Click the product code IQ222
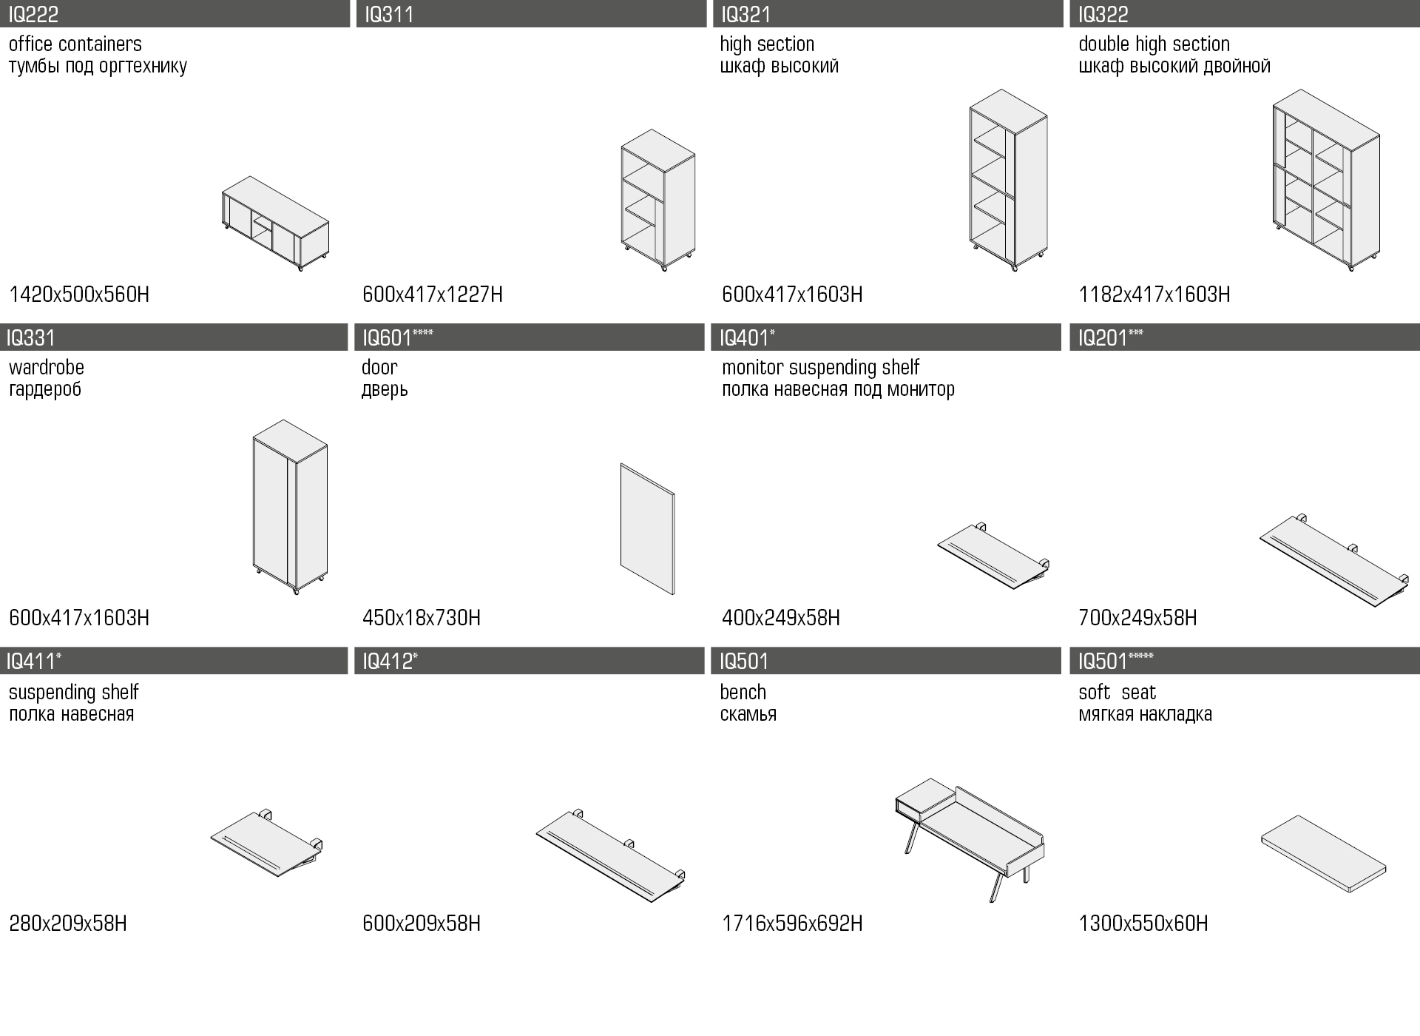click(33, 14)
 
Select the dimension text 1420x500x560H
click(79, 295)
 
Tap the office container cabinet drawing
click(275, 223)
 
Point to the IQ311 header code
click(389, 14)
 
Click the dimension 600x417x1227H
click(433, 295)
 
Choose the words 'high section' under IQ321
click(767, 44)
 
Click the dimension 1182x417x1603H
click(1154, 295)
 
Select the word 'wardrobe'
click(47, 368)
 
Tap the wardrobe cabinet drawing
click(290, 507)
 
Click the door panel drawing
click(647, 529)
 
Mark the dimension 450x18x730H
click(422, 618)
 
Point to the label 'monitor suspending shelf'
click(820, 368)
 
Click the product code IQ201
click(1102, 338)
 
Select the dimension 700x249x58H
click(1137, 618)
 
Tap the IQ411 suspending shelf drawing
click(266, 844)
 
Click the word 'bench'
click(743, 693)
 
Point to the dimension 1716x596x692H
click(792, 924)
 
